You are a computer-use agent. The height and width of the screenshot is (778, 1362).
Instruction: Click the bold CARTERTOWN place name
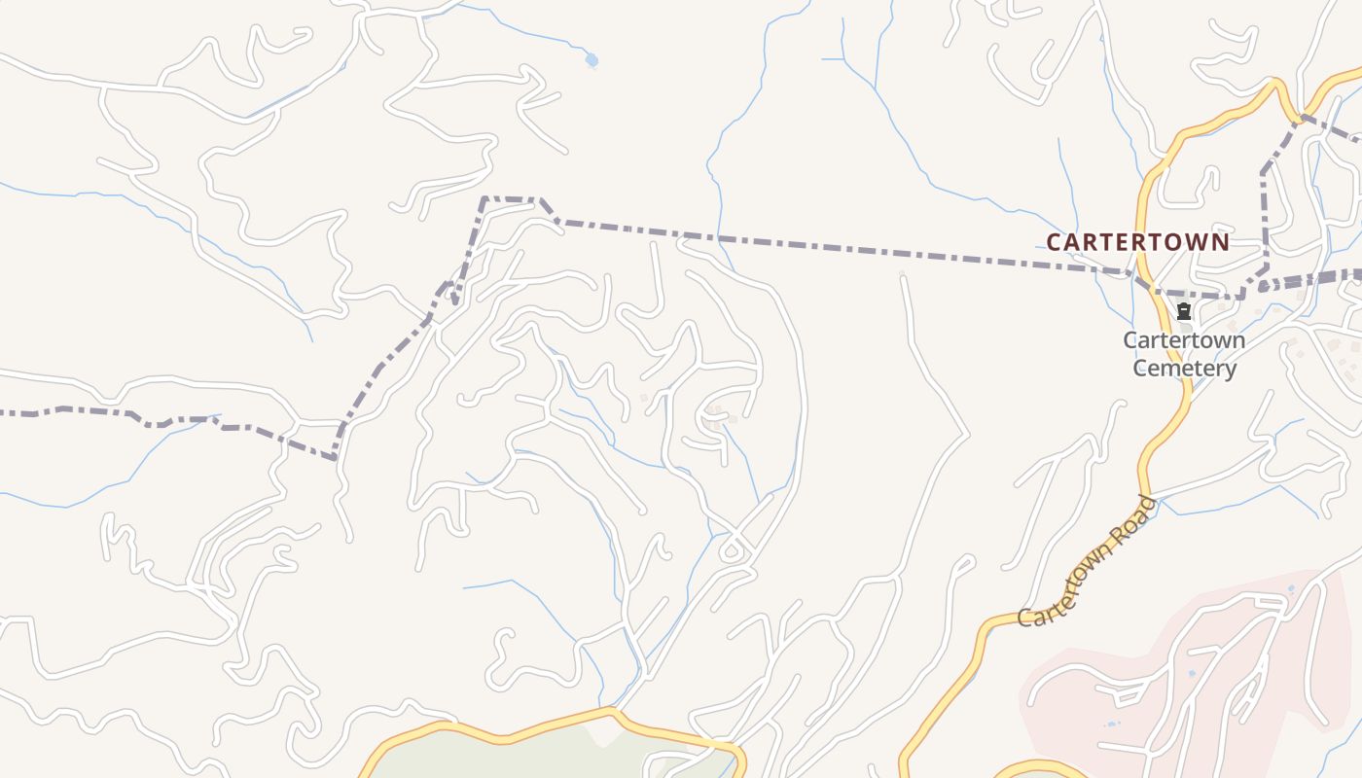coord(1137,241)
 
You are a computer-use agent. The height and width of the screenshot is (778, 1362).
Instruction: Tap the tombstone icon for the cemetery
coord(1184,311)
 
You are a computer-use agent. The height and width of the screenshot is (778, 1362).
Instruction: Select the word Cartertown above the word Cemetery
coord(1184,340)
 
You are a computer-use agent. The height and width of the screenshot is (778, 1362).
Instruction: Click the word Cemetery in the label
coord(1184,369)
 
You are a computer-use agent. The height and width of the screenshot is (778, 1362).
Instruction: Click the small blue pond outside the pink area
coord(591,60)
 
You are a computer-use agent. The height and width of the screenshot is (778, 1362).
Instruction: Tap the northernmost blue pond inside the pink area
coord(1291,588)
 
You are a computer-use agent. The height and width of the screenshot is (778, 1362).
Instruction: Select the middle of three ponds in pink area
coord(1193,673)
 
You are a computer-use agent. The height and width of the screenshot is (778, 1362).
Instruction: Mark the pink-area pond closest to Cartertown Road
coord(1111,724)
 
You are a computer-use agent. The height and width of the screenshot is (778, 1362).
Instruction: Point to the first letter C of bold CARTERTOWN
coord(1054,241)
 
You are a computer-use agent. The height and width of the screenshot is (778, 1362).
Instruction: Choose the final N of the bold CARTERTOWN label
coord(1222,241)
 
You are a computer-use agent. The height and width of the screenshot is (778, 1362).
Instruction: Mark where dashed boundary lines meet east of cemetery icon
coord(1243,295)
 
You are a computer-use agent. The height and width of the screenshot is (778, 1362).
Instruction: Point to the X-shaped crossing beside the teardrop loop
coord(741,531)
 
